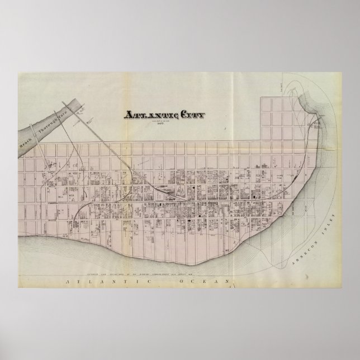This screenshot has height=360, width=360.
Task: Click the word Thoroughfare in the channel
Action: tap(48, 118)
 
